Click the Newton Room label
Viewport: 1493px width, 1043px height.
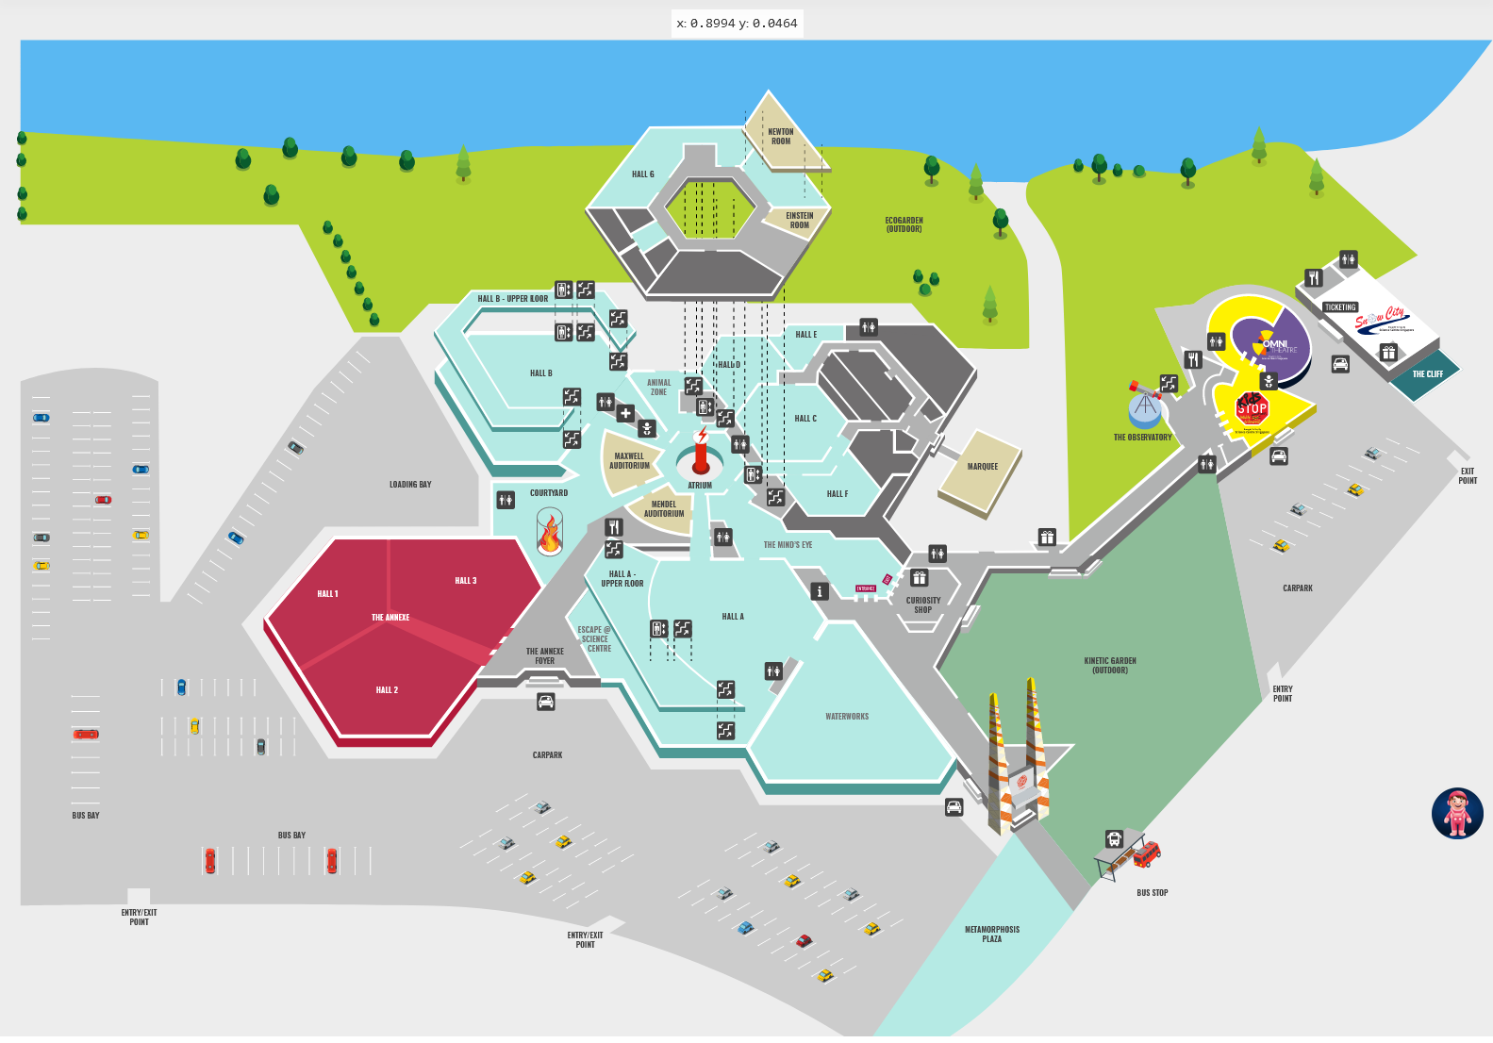pyautogui.click(x=781, y=137)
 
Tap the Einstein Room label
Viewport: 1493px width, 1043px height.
pyautogui.click(x=799, y=221)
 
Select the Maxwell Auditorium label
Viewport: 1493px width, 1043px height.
pyautogui.click(x=629, y=461)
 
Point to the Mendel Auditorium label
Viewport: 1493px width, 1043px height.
pyautogui.click(x=664, y=509)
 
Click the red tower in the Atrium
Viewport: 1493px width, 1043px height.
pyautogui.click(x=701, y=454)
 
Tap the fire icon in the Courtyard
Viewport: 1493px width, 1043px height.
pyautogui.click(x=550, y=533)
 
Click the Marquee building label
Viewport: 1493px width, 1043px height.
pyautogui.click(x=982, y=467)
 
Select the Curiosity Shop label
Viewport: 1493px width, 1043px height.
pyautogui.click(x=923, y=604)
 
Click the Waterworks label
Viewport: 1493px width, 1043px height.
pyautogui.click(x=847, y=717)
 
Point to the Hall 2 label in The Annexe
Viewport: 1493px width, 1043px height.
pyautogui.click(x=387, y=690)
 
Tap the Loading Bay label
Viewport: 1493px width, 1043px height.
pyautogui.click(x=410, y=485)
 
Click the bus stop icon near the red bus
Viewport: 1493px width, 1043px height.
pyautogui.click(x=1114, y=839)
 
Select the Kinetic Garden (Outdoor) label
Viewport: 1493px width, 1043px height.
pyautogui.click(x=1110, y=666)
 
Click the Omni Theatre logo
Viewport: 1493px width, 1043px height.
pyautogui.click(x=1274, y=344)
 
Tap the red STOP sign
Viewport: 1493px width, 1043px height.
pyautogui.click(x=1252, y=408)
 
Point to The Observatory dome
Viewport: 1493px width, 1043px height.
pyautogui.click(x=1145, y=408)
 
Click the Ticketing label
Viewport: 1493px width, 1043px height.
pyautogui.click(x=1340, y=307)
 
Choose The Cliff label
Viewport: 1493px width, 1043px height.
pyautogui.click(x=1427, y=374)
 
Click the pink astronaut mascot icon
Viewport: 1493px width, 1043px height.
pyautogui.click(x=1457, y=814)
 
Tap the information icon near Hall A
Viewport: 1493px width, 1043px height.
pyautogui.click(x=820, y=591)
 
